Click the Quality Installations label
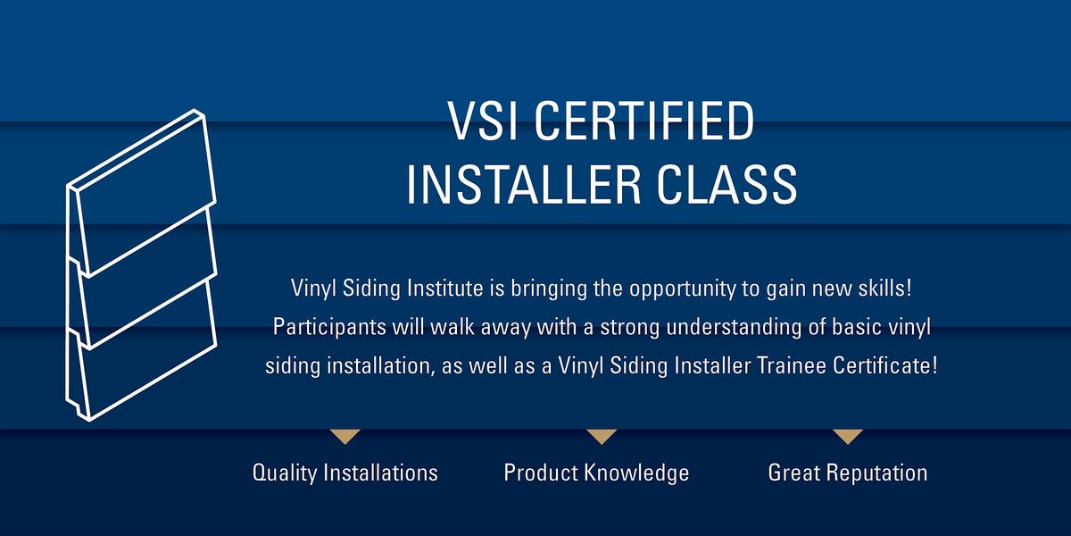pos(345,472)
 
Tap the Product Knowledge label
pos(596,472)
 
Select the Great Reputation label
pos(847,472)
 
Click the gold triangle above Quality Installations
pos(345,436)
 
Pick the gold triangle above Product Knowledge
pos(601,436)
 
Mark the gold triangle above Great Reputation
pos(847,436)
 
